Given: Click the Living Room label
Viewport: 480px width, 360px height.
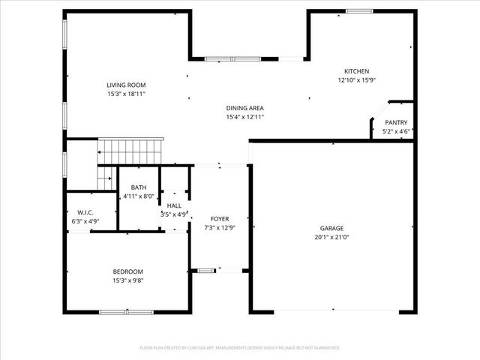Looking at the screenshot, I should pos(126,85).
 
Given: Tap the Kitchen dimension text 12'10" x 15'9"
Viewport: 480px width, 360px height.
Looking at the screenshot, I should pos(356,79).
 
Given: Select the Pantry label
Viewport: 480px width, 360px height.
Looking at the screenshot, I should pos(396,122).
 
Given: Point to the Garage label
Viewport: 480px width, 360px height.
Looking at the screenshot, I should pos(331,228).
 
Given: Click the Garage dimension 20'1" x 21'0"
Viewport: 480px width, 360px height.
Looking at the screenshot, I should pos(331,237).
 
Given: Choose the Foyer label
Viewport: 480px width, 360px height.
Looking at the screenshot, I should pos(220,218).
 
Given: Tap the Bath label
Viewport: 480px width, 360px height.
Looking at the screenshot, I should pos(139,187).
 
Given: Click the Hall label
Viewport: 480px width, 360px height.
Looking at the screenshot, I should pos(174,205).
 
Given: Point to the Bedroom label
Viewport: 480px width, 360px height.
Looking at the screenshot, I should pos(127,271).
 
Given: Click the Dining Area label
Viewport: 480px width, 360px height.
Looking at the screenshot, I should pos(245,108).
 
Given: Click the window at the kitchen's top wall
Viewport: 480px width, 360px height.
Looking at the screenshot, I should pos(358,10).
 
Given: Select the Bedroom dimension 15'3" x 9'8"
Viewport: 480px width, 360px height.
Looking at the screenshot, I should pos(127,280).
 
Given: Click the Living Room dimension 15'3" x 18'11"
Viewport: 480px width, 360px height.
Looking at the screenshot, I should pos(126,94).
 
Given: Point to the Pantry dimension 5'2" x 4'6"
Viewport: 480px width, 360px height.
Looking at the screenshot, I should pos(396,131).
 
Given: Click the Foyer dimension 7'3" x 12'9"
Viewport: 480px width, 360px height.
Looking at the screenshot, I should pos(220,227).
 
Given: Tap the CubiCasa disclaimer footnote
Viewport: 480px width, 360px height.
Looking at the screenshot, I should pos(240,348).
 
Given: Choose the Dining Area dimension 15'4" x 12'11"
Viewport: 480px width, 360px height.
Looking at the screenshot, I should pos(245,117).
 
